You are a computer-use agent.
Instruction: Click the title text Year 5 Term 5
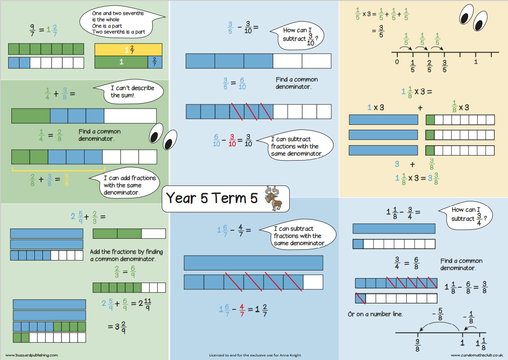(x=212, y=198)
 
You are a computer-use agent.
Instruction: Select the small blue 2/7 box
(x=155, y=62)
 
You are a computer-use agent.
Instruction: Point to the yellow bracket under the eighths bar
(x=58, y=170)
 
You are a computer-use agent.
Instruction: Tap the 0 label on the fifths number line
(x=397, y=62)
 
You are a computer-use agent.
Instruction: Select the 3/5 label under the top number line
(x=444, y=66)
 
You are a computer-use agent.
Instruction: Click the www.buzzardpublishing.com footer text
(x=32, y=355)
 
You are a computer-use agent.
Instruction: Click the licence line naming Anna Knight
(x=254, y=355)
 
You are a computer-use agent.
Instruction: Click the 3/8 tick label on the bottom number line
(x=418, y=345)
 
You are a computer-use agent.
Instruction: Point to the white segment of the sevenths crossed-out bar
(x=313, y=282)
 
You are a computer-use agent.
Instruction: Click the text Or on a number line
(x=375, y=314)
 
